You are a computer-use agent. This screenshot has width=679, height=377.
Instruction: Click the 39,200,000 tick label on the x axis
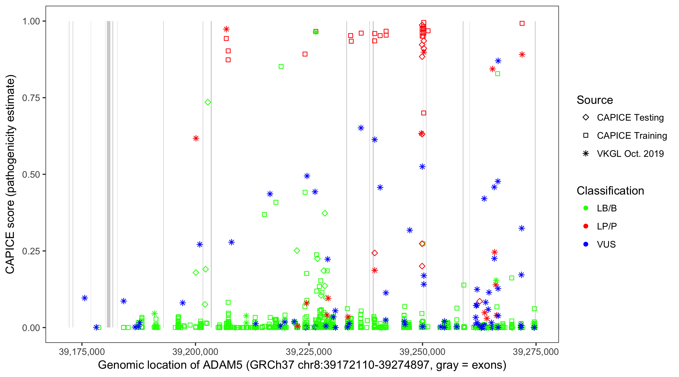[195, 352]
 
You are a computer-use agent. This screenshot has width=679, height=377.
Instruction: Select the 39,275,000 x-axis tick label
[535, 352]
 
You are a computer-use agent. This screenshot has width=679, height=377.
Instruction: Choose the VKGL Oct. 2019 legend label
[630, 154]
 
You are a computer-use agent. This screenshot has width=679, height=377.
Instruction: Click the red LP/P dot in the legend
[586, 226]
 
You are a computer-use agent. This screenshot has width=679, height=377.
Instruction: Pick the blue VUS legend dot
[586, 244]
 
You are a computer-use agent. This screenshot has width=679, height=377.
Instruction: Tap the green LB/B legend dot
[586, 208]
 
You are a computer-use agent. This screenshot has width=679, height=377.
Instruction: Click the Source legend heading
[595, 100]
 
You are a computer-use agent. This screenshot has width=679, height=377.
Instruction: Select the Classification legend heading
[610, 191]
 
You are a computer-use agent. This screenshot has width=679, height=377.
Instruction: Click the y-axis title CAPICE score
[11, 174]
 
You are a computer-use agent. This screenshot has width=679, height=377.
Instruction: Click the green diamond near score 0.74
[208, 102]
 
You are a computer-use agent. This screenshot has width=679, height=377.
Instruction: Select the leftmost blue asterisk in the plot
[84, 298]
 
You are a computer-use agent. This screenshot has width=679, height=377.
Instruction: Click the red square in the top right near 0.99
[522, 23]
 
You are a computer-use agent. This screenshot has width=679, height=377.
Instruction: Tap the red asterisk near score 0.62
[196, 138]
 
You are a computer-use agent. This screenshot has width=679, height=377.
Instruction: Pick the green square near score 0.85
[281, 67]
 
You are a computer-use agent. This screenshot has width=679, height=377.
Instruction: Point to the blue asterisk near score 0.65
[361, 128]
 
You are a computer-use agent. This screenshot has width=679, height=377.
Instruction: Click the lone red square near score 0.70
[423, 113]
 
